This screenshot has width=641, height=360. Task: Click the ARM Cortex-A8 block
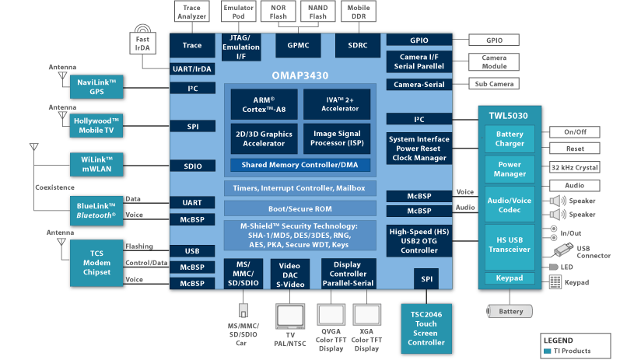264,104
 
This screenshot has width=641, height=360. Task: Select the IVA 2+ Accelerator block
336,104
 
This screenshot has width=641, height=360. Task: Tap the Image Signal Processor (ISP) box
336,138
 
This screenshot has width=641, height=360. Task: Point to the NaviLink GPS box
96,87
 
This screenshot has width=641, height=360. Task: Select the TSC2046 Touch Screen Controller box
426,326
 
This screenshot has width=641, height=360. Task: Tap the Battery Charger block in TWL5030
510,138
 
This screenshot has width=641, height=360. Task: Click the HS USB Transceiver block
510,244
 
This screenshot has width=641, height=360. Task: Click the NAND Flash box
317,13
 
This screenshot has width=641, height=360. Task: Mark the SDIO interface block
192,166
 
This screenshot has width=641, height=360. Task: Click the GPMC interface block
298,46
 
